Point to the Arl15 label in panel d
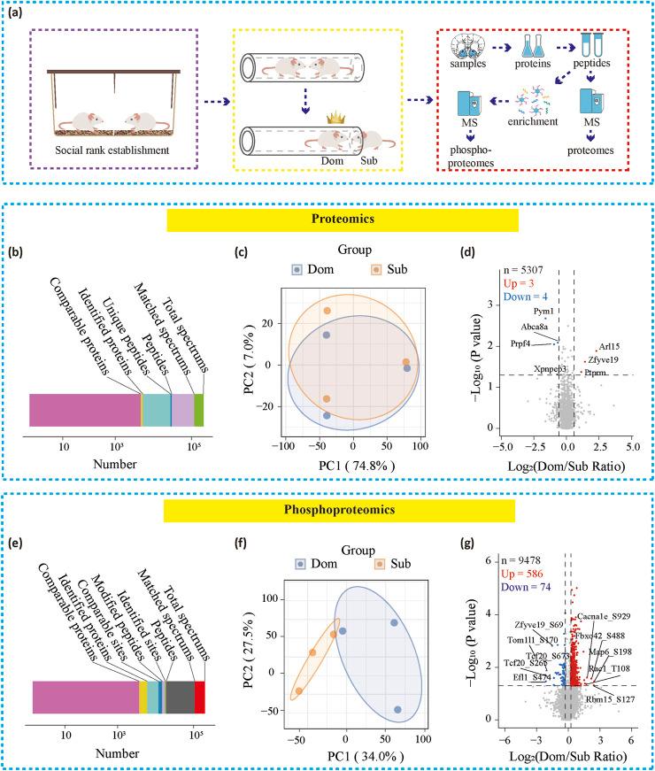point(608,347)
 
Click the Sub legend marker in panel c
point(376,268)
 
